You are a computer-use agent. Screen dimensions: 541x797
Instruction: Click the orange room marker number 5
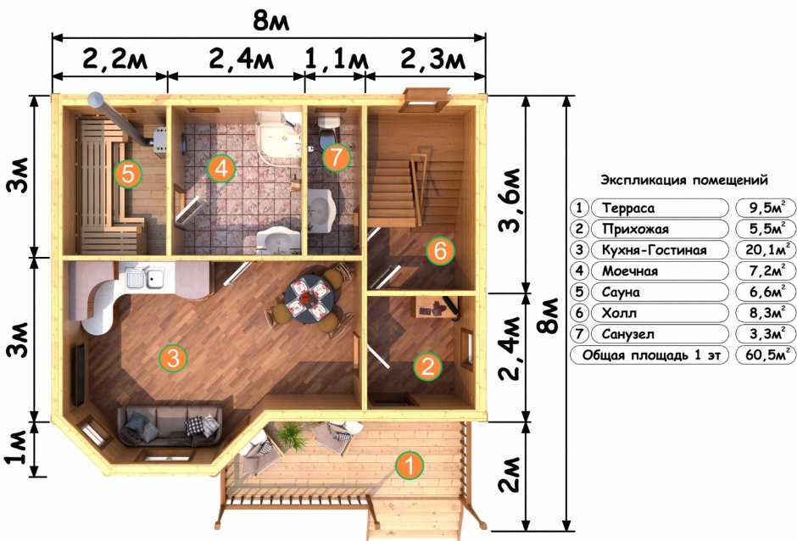pos(128,174)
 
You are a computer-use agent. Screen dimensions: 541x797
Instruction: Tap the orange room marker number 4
pos(221,168)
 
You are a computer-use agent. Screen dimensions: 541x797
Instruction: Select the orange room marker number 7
pos(336,157)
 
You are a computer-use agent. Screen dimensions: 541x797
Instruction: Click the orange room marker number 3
pos(172,359)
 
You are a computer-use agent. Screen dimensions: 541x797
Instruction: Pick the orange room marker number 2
pos(427,366)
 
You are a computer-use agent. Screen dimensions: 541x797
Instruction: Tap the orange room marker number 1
pos(410,465)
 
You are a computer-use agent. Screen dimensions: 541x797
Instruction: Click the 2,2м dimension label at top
pos(109,61)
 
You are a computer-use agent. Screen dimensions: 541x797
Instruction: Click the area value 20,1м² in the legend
pos(766,250)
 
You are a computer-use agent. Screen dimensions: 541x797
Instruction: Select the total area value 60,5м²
pos(766,355)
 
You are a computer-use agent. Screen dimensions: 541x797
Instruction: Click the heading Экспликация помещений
pos(684,181)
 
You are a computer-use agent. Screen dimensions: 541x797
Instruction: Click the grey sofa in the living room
pos(169,423)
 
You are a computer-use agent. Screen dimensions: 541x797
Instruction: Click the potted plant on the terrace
pos(290,436)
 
